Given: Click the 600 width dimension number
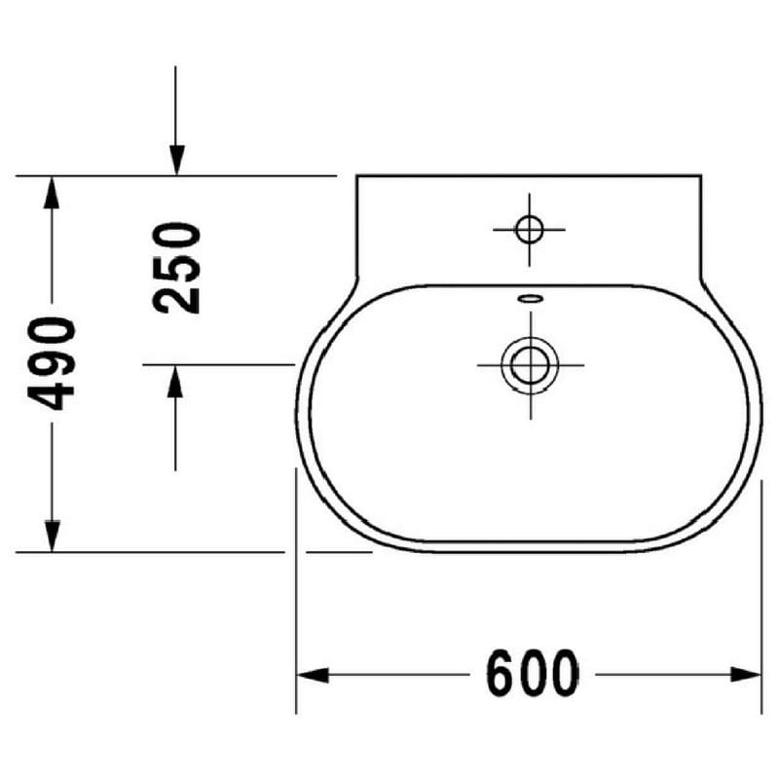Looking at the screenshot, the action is pyautogui.click(x=532, y=673).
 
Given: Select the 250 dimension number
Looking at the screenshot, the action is pyautogui.click(x=177, y=268).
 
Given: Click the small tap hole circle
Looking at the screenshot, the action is pyautogui.click(x=529, y=230).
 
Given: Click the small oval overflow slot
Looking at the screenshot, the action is pyautogui.click(x=531, y=299).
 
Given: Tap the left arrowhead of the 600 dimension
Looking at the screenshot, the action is pyautogui.click(x=313, y=675).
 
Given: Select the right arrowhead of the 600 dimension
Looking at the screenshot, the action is pyautogui.click(x=746, y=675).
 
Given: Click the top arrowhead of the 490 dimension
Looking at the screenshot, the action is pyautogui.click(x=52, y=192).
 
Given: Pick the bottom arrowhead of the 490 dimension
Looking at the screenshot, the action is pyautogui.click(x=52, y=536).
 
